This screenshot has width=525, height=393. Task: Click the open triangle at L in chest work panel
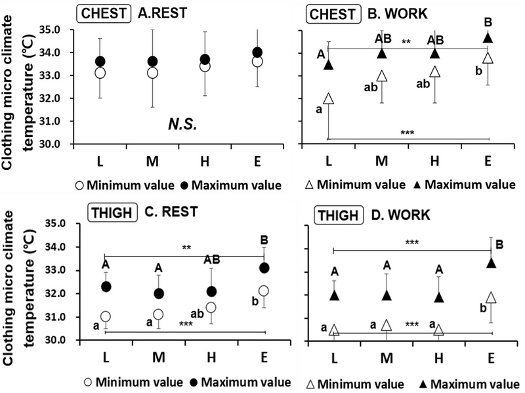(328, 98)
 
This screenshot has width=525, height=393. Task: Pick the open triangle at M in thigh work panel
(387, 325)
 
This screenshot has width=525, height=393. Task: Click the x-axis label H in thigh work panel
(438, 360)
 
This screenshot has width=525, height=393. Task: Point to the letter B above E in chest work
(488, 22)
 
